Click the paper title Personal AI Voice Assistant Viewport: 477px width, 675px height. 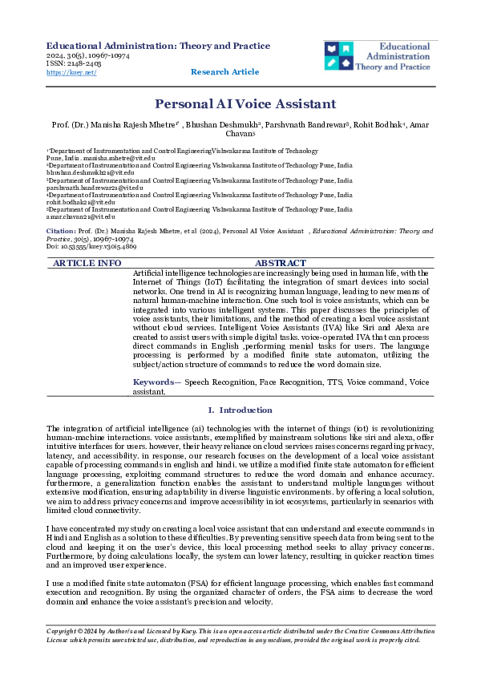click(x=245, y=104)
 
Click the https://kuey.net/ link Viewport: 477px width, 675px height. click(x=71, y=72)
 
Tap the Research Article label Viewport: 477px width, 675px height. click(x=224, y=72)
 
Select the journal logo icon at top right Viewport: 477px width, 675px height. click(x=338, y=55)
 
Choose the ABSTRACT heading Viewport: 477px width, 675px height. click(x=280, y=263)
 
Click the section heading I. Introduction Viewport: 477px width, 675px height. click(x=240, y=410)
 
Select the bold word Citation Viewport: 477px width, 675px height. click(x=61, y=231)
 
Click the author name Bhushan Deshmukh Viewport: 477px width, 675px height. click(x=224, y=126)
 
